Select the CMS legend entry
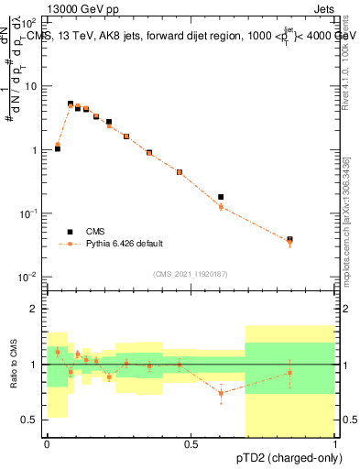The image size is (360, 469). pyautogui.click(x=97, y=232)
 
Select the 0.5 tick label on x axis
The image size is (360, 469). pyautogui.click(x=191, y=444)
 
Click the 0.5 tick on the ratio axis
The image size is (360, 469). pyautogui.click(x=33, y=420)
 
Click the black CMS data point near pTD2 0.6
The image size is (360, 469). pyautogui.click(x=221, y=197)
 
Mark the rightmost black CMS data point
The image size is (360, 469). pyautogui.click(x=289, y=239)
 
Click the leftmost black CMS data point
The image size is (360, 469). pyautogui.click(x=58, y=147)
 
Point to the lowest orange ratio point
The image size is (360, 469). pyautogui.click(x=221, y=393)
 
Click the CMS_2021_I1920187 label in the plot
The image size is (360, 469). pyautogui.click(x=191, y=274)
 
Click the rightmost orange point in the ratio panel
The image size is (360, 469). pyautogui.click(x=289, y=373)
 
